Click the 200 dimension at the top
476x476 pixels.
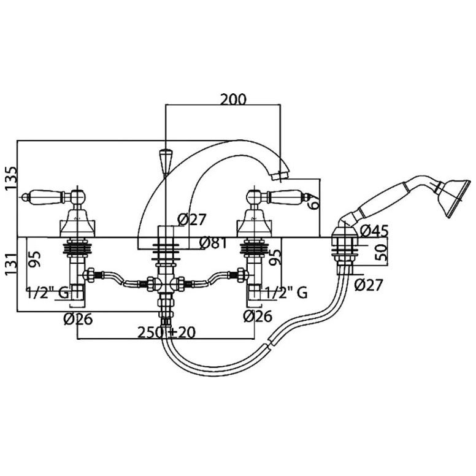233,99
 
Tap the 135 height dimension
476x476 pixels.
12,178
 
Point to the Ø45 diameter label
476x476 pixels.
374,232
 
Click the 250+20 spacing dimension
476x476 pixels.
166,332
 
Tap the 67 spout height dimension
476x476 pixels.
313,201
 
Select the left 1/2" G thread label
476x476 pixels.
47,293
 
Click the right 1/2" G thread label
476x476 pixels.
286,293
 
